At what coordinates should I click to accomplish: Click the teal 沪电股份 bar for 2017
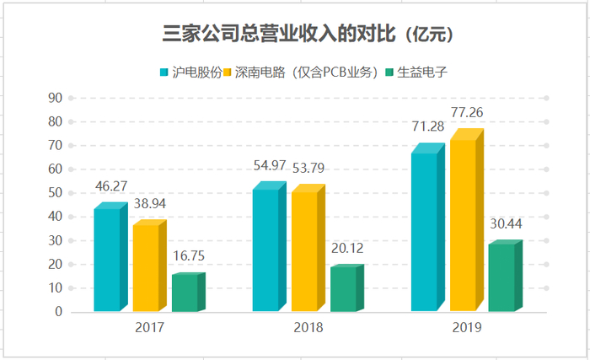[107, 260]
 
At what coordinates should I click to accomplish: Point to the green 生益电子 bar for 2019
[501, 277]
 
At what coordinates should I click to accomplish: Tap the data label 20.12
[349, 248]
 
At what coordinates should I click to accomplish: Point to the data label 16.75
[189, 255]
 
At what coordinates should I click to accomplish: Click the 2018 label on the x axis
[308, 326]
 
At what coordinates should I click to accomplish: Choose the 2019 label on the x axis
[467, 326]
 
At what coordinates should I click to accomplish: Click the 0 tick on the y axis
[58, 312]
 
